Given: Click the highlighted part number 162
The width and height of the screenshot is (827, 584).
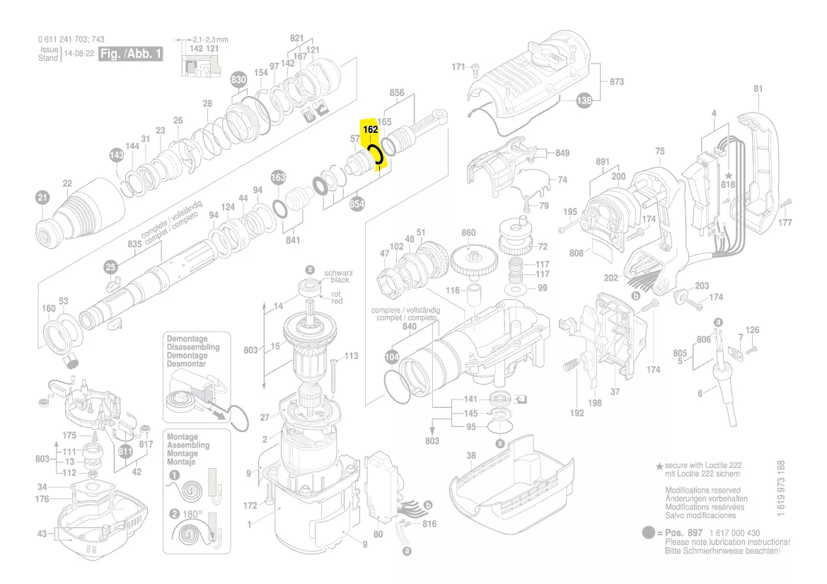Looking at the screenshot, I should [369, 130].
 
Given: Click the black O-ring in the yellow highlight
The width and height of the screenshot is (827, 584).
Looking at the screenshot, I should [375, 155].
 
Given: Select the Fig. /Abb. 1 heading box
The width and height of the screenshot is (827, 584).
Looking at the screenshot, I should [129, 54].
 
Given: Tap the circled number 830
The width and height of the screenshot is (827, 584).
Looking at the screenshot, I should [239, 81].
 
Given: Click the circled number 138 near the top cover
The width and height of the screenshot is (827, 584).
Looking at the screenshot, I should [584, 101].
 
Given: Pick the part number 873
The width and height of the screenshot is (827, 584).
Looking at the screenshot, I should [617, 82].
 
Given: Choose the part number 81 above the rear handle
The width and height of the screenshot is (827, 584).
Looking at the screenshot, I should [758, 89].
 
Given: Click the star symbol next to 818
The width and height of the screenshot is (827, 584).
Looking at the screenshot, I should [729, 174].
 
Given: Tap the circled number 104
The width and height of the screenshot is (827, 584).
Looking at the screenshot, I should [392, 356].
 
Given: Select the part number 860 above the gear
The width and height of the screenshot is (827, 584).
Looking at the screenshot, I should [468, 233].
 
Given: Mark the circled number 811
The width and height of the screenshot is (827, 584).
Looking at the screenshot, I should [126, 452].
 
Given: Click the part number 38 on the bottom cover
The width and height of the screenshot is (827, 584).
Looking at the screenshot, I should [471, 457].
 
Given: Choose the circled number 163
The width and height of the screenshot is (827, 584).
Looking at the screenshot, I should [278, 177].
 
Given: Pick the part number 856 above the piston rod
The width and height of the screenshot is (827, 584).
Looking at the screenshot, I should [397, 93].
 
